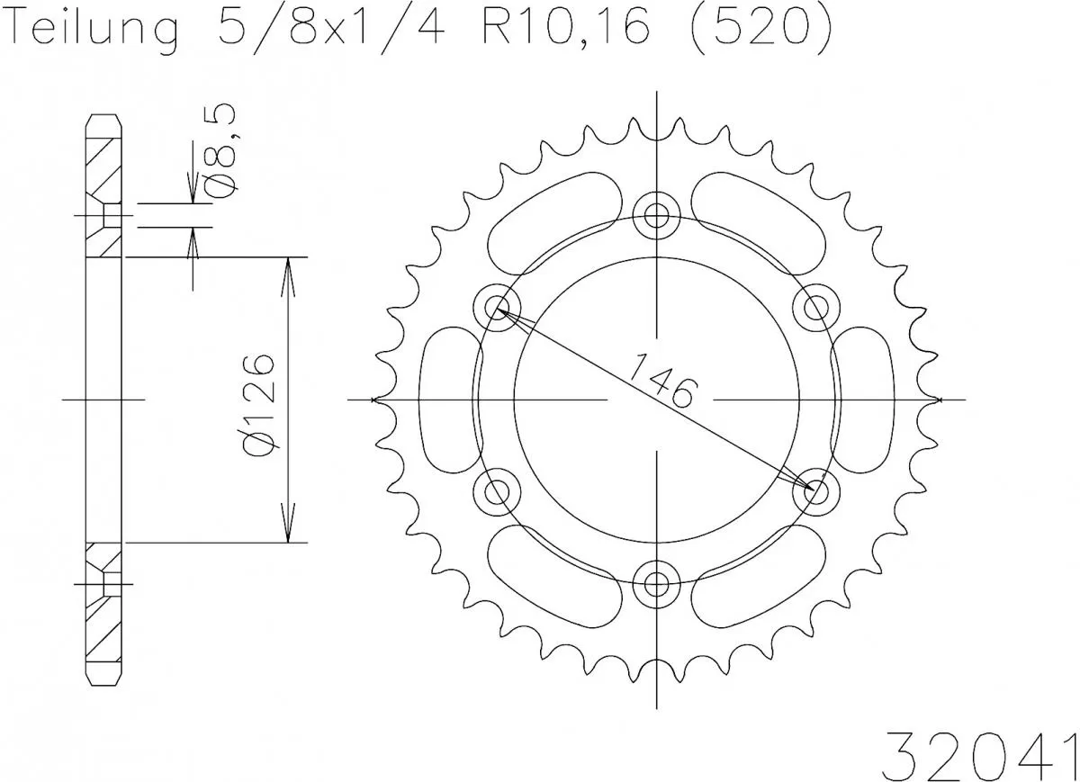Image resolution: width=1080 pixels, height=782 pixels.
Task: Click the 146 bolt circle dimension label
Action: click(x=661, y=381)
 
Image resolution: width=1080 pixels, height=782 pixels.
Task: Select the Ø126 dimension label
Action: click(x=258, y=400)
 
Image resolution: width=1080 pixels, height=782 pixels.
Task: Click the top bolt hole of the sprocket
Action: click(x=657, y=215)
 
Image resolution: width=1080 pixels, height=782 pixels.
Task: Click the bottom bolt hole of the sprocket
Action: click(x=657, y=582)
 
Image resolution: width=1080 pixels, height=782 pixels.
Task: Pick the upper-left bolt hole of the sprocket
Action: click(x=498, y=307)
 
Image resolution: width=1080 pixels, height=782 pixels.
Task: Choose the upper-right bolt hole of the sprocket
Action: click(x=816, y=307)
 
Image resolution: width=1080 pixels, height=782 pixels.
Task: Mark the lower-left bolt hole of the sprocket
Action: click(x=498, y=490)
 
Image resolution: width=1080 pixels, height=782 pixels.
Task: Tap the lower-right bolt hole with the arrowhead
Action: click(x=816, y=490)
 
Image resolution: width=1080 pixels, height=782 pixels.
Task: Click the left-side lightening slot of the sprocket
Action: click(x=450, y=399)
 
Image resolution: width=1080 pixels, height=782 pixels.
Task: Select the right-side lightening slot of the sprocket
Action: click(x=864, y=399)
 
